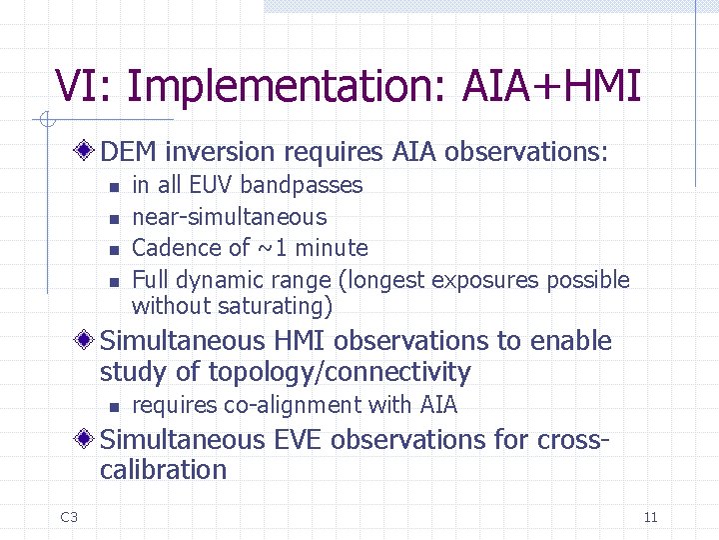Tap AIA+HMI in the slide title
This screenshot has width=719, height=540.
551,86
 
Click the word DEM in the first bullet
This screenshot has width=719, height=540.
130,152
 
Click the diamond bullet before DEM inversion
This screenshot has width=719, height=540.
88,152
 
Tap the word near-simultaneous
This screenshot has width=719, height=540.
229,217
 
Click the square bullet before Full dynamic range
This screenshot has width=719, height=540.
113,281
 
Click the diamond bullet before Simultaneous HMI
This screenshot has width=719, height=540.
88,341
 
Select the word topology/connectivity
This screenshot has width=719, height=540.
340,372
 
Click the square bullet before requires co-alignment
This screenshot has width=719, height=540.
113,406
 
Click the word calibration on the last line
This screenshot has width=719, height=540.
163,470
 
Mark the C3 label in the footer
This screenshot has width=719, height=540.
69,517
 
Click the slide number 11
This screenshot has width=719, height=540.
650,517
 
